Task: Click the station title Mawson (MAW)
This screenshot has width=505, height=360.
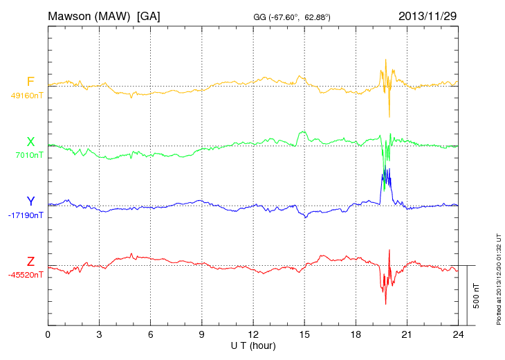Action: coord(90,15)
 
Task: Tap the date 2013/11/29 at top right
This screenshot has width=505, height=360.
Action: coord(428,15)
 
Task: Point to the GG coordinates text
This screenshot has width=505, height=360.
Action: coord(292,17)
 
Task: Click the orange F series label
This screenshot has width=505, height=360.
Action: coord(30,82)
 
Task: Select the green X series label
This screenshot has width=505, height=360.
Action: coord(30,142)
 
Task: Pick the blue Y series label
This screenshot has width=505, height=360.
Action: coord(30,201)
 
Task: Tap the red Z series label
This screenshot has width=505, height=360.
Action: coord(30,261)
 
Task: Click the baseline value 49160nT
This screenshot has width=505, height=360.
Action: coord(27,96)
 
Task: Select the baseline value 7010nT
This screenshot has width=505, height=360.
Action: coord(29,155)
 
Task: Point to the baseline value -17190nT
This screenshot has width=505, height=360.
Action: coord(27,215)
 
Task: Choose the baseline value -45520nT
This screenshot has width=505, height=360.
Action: coord(27,275)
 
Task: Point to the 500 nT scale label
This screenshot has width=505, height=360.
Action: coord(476,295)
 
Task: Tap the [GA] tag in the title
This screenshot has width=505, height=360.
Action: coord(148,15)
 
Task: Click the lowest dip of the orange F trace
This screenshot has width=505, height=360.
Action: coord(389,116)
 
